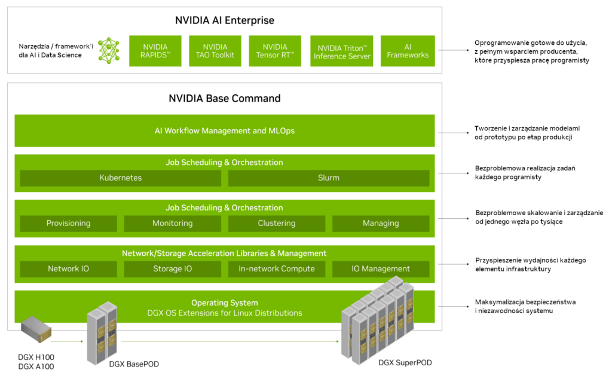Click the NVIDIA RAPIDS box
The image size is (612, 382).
point(155,51)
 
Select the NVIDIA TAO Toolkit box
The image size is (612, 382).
point(215,51)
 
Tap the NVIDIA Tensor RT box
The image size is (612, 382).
point(275,51)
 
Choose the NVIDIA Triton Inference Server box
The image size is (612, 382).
point(342,51)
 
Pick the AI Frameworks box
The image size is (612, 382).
point(408,51)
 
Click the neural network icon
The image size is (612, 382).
point(109,51)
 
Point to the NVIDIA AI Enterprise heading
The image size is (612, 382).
point(225,20)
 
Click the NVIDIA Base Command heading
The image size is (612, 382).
point(225,98)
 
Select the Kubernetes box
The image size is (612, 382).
point(121,178)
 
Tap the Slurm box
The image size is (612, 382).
point(329,178)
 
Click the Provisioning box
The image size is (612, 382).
point(69,224)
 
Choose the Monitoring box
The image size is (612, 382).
point(173,224)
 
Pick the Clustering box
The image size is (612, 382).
point(277,224)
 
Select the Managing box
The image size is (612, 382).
point(381,224)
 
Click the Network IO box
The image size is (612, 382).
point(69,269)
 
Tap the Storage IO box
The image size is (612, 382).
point(173,269)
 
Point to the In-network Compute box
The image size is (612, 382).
point(277,269)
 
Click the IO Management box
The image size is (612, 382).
point(381,269)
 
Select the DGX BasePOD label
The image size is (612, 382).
point(134,364)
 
